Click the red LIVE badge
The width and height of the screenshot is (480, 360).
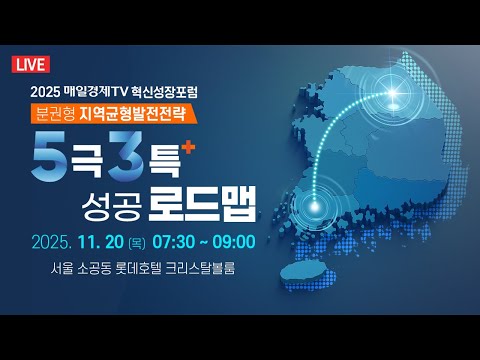31,66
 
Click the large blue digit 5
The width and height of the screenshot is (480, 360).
52,158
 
